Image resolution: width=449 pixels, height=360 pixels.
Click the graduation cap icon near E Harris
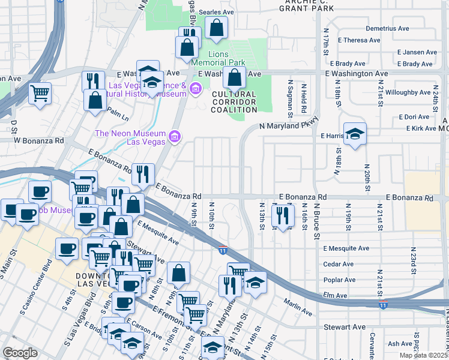pyautogui.click(x=355, y=134)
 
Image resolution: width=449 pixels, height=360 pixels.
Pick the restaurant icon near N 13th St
pyautogui.click(x=283, y=216)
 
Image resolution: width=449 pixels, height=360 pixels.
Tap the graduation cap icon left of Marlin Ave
pyautogui.click(x=255, y=283)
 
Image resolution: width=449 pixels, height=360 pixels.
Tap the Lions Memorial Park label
pyautogui.click(x=218, y=58)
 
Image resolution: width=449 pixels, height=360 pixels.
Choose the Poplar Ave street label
pyautogui.click(x=339, y=280)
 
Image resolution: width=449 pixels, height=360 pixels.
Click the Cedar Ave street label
pyautogui.click(x=339, y=264)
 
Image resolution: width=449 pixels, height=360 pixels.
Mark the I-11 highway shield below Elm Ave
pyautogui.click(x=384, y=305)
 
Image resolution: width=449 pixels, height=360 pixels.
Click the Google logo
pyautogui.click(x=20, y=353)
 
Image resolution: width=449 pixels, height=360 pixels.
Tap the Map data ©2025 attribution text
pyautogui.click(x=423, y=356)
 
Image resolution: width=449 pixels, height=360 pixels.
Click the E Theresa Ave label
pyautogui.click(x=359, y=41)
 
